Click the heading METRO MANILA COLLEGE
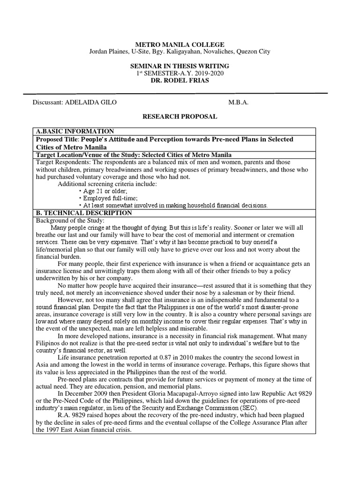click(x=180, y=45)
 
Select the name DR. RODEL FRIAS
click(x=180, y=81)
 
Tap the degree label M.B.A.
click(x=238, y=103)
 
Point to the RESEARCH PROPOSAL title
click(x=180, y=117)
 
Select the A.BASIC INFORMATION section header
click(x=75, y=131)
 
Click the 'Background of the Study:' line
click(x=71, y=220)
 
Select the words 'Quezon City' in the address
click(x=253, y=52)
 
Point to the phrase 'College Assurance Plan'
click(x=248, y=422)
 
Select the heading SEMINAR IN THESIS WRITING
click(x=180, y=66)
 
